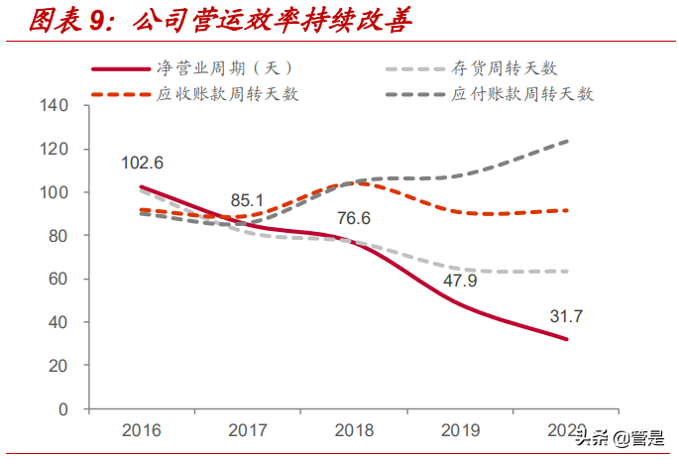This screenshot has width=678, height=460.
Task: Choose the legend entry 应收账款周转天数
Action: tap(228, 94)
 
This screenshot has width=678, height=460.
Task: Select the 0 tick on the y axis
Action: tap(61, 408)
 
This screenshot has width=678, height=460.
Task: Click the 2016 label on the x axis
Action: tap(142, 429)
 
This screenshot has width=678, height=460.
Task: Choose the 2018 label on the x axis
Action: tap(354, 429)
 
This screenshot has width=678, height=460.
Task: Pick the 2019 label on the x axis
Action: tap(460, 429)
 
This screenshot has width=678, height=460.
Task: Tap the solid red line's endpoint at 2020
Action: tap(567, 339)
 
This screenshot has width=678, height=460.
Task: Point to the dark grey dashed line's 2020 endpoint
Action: tap(567, 141)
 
